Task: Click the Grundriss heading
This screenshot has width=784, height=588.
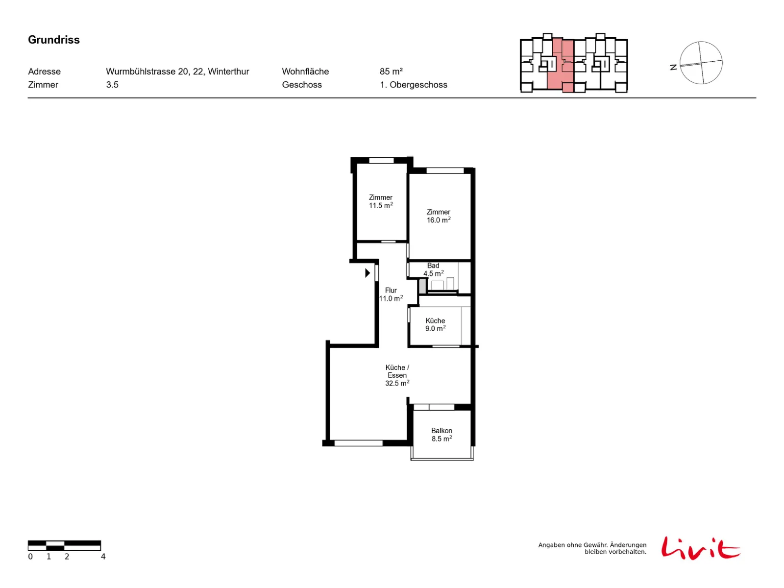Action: tap(53, 40)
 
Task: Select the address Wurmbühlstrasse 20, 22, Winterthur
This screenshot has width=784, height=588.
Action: tap(177, 72)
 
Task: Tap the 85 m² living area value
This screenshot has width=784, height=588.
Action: tap(391, 72)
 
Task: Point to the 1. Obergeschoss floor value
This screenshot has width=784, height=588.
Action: tap(413, 85)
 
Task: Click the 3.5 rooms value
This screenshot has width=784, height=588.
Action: tap(112, 85)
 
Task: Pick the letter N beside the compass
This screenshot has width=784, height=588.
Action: tap(673, 67)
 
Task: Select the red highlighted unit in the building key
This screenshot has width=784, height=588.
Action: tap(560, 66)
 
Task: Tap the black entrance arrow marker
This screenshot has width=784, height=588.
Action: tap(367, 273)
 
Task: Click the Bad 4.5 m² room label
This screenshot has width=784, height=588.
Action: tap(433, 269)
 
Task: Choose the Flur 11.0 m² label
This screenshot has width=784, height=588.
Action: tap(391, 294)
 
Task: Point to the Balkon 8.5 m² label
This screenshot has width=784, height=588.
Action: tap(441, 435)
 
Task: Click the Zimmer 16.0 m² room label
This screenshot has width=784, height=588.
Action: tap(438, 216)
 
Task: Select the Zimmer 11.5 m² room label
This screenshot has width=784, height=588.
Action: tap(380, 201)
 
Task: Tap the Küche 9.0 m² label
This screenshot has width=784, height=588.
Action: tap(435, 324)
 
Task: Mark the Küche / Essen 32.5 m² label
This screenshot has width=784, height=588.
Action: tap(397, 375)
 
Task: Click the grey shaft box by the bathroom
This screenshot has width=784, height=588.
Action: tap(422, 286)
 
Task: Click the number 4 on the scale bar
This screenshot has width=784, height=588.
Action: tap(103, 556)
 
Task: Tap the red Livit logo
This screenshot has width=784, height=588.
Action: tap(700, 548)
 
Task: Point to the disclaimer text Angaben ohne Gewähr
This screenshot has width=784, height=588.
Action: tap(592, 548)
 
